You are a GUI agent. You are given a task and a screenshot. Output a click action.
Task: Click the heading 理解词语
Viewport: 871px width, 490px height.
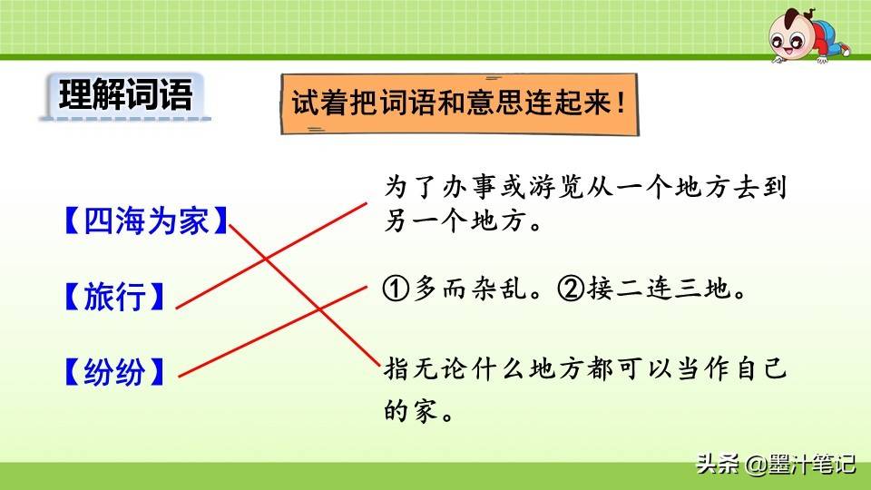pyautogui.click(x=125, y=94)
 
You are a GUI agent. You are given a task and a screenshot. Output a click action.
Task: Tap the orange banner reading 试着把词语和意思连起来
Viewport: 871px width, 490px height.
pyautogui.click(x=459, y=103)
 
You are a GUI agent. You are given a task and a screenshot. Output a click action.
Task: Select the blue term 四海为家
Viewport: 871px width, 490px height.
pyautogui.click(x=146, y=220)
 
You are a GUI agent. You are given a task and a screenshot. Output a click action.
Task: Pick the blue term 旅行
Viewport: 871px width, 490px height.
pyautogui.click(x=114, y=296)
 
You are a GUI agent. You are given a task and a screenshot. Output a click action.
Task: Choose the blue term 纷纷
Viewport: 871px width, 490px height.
pyautogui.click(x=114, y=371)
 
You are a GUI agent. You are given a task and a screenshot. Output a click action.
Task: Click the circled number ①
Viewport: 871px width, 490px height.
pyautogui.click(x=396, y=289)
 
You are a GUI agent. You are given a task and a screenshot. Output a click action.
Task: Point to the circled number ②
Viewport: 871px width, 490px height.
pyautogui.click(x=571, y=289)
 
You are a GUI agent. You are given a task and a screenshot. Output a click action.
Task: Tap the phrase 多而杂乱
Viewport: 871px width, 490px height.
pyautogui.click(x=470, y=289)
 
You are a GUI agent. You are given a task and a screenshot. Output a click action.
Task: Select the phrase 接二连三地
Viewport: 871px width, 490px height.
pyautogui.click(x=659, y=289)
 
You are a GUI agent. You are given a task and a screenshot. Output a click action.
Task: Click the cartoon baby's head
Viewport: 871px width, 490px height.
pyautogui.click(x=791, y=36)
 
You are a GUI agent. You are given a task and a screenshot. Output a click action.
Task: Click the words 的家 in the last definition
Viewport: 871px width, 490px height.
pyautogui.click(x=411, y=410)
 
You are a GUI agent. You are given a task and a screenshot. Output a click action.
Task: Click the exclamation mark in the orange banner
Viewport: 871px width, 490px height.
pyautogui.click(x=621, y=103)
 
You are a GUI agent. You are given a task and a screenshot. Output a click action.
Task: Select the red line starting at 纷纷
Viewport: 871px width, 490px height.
pyautogui.click(x=273, y=332)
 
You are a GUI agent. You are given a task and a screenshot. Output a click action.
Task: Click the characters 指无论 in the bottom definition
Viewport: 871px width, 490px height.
pyautogui.click(x=426, y=369)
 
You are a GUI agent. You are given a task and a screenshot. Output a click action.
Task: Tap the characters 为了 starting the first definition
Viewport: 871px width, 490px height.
pyautogui.click(x=411, y=187)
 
